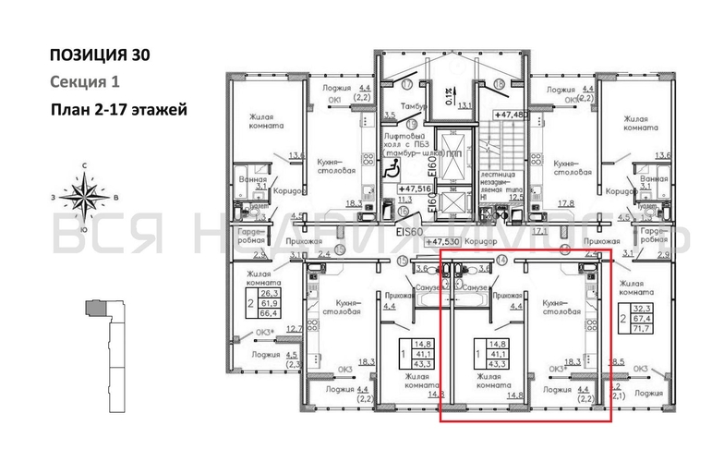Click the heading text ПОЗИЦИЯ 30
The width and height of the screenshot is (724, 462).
point(100,55)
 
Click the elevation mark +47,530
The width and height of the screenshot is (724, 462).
point(442,242)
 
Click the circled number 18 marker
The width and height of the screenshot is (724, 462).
point(500,84)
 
